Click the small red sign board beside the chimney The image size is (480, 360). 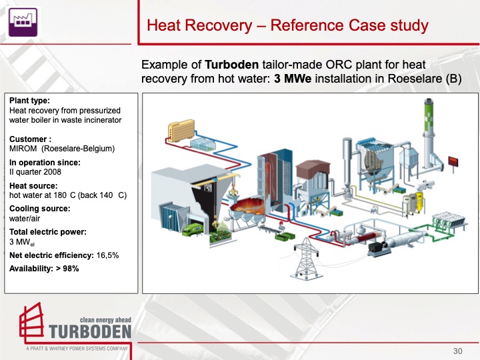454,161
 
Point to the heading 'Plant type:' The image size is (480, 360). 29,101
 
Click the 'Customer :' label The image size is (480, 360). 31,139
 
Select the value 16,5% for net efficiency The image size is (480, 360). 107,255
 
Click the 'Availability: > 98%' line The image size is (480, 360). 44,268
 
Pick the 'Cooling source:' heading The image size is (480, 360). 40,209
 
